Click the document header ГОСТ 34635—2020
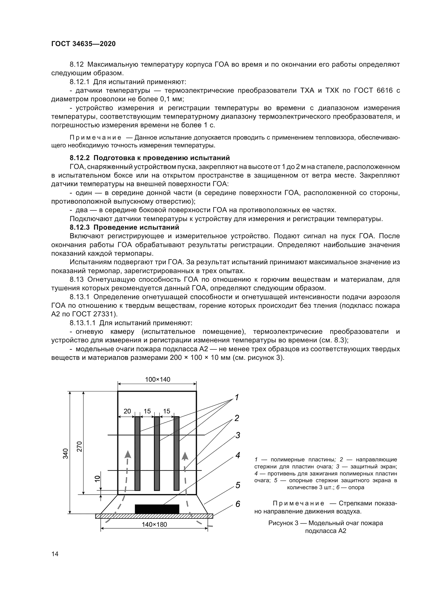(83, 44)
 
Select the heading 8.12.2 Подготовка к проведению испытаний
(150, 158)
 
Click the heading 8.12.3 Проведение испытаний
(124, 227)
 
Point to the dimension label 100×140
(157, 379)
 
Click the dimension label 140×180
(154, 524)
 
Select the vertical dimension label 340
(66, 453)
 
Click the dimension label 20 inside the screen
(127, 411)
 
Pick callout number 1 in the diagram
(237, 397)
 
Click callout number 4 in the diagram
(238, 455)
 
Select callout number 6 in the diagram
(238, 504)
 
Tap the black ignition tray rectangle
(157, 509)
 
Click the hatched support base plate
(154, 516)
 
